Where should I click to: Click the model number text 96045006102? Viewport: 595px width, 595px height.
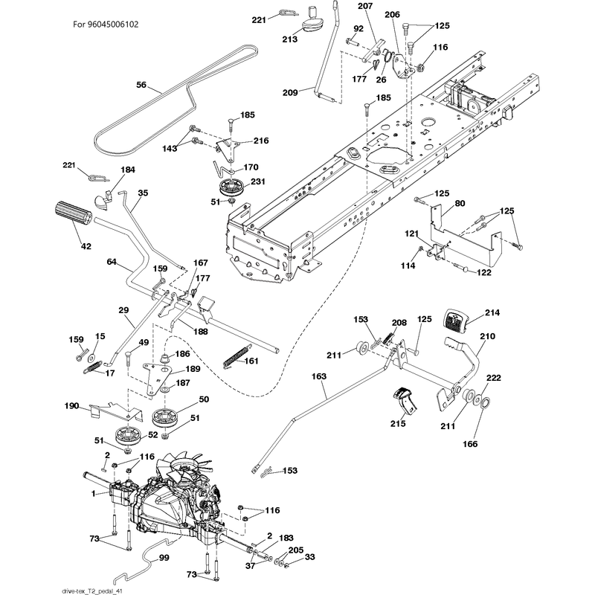(113, 25)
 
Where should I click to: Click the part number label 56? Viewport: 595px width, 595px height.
(141, 85)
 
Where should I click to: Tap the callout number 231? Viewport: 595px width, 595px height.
(257, 181)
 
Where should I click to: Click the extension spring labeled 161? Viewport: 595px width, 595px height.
(237, 356)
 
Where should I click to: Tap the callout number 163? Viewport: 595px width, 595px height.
(319, 376)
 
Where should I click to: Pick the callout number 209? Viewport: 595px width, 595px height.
(290, 92)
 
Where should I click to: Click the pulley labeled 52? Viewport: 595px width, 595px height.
(128, 436)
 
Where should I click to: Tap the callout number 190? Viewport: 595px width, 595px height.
(71, 406)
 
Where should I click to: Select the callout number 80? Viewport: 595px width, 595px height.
(460, 203)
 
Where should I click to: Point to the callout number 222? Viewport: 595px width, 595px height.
(493, 378)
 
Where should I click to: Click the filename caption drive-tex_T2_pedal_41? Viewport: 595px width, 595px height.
(91, 591)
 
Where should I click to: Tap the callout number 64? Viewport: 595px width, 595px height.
(111, 262)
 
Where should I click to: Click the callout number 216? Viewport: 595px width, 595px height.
(261, 141)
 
